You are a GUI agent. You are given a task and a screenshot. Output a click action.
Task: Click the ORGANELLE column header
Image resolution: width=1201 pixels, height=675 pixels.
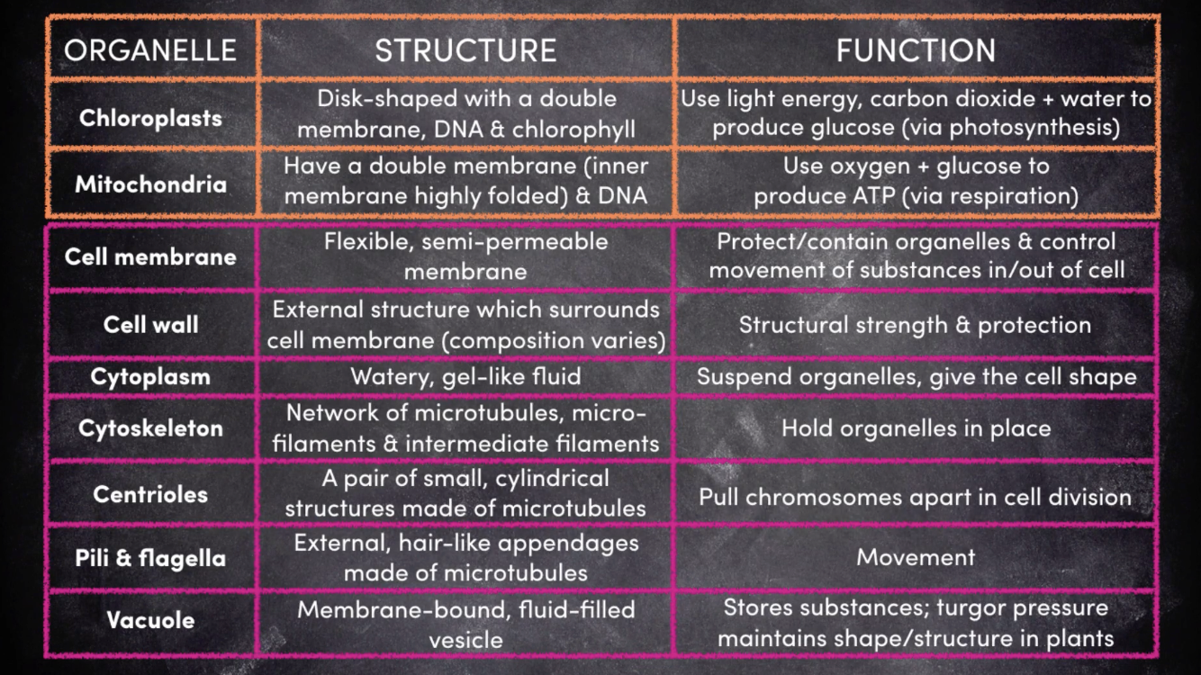click(150, 49)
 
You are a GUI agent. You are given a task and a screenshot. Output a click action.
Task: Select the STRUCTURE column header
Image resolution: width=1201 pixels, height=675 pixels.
click(465, 50)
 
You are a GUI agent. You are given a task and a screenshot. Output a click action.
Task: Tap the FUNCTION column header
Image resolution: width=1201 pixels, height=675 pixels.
click(916, 50)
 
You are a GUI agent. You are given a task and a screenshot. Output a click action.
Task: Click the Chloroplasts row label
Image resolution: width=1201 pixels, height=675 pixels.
click(150, 117)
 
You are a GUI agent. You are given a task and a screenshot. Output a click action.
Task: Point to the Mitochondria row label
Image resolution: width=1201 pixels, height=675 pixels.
click(150, 184)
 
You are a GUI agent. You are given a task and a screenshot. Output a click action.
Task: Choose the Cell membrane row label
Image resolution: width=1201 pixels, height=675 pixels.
click(150, 256)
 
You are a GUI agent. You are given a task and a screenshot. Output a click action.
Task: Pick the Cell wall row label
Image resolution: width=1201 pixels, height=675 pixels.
click(150, 324)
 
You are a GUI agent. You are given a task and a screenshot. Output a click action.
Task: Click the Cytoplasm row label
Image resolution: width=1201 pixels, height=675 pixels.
click(150, 376)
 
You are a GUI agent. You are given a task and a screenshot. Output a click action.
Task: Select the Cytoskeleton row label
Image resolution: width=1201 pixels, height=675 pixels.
click(150, 428)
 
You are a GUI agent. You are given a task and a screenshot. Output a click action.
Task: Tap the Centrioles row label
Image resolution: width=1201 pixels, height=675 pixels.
click(150, 494)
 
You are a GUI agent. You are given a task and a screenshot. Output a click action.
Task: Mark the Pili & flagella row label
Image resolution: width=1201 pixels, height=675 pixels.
click(150, 558)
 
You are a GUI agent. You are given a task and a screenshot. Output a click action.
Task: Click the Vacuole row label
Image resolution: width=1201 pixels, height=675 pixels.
click(150, 620)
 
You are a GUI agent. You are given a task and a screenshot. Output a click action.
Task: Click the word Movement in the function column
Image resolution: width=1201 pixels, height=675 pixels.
click(916, 557)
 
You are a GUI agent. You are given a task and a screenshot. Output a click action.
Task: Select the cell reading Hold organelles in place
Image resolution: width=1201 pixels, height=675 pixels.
click(916, 428)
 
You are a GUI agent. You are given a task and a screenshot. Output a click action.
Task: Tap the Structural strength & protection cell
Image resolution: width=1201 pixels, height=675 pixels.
click(916, 325)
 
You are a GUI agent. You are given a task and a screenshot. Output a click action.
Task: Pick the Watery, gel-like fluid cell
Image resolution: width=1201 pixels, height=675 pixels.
click(465, 376)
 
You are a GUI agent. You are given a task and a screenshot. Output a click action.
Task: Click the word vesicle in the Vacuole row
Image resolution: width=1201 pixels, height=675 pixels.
click(465, 640)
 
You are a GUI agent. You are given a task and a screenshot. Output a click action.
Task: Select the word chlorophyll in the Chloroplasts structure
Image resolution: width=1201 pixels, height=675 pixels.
click(573, 130)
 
